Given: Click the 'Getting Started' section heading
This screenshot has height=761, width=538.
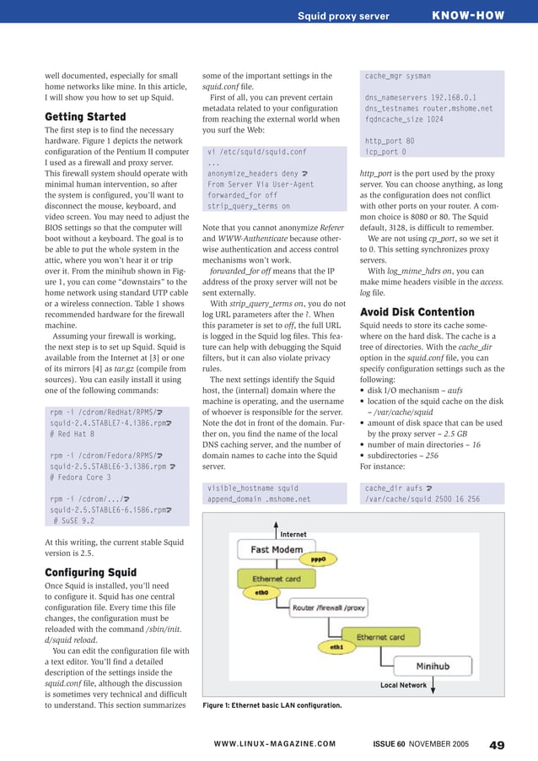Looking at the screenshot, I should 85,116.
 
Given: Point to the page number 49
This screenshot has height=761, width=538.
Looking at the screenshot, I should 497,744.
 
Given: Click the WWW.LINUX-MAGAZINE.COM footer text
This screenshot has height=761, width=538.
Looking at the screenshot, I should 274,744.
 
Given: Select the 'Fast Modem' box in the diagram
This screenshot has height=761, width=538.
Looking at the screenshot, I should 277,549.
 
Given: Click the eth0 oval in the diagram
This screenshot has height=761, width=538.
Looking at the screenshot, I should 261,592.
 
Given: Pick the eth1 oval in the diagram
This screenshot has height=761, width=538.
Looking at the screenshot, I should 336,647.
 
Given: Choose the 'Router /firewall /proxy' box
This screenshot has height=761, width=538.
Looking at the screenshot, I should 329,607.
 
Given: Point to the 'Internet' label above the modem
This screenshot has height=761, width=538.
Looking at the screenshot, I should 293,534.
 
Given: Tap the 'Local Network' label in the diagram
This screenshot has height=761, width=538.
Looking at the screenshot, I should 403,685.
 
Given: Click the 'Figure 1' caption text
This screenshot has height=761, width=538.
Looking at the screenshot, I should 272,705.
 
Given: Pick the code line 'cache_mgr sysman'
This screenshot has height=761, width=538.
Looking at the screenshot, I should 397,76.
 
